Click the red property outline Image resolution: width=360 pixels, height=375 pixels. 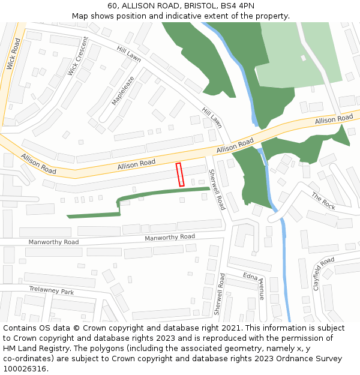coord(179,175)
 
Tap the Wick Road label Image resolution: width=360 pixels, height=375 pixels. coord(13,54)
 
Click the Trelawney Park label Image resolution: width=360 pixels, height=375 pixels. coord(52,290)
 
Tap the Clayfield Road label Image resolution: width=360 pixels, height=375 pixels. coord(323,273)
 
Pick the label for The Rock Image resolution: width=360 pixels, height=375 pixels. coord(323,200)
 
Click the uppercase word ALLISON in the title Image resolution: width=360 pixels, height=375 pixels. coord(139,5)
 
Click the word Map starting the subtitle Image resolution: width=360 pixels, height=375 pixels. coord(80,16)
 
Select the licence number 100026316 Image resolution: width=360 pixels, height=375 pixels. coord(25,368)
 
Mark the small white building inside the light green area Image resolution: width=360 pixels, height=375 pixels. coord(304,58)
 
